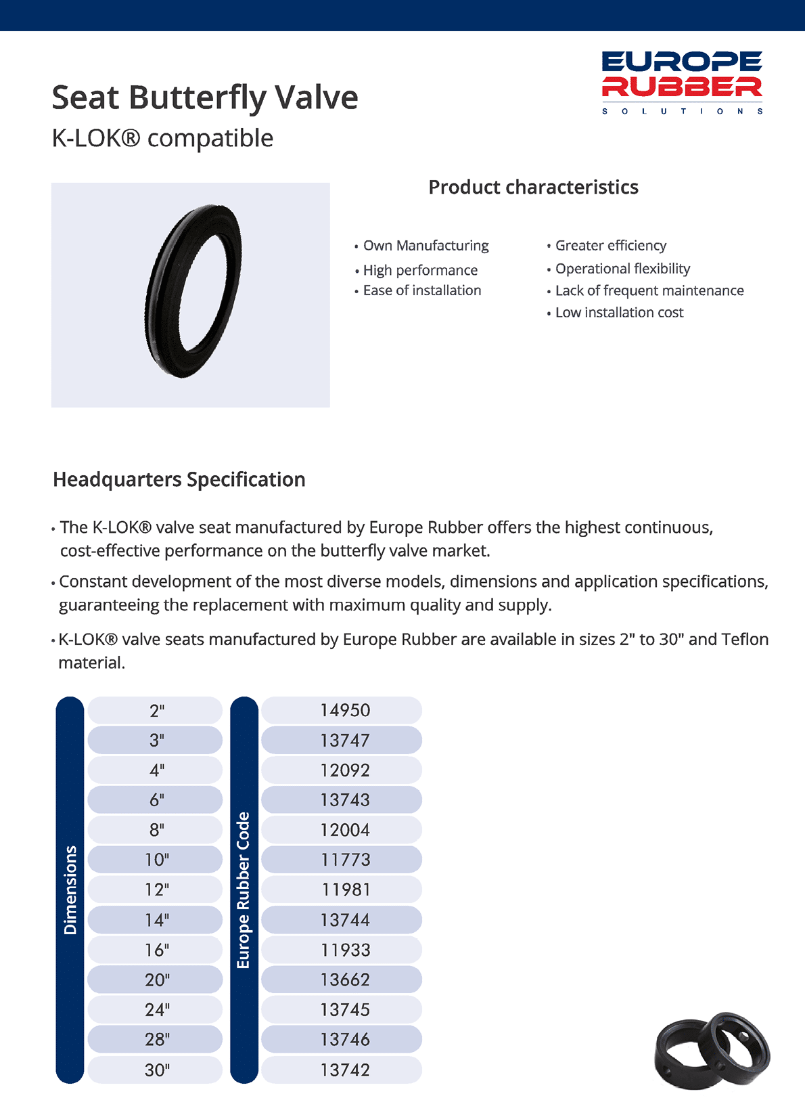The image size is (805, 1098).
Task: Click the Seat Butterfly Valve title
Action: (x=205, y=97)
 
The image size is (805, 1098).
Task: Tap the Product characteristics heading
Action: (x=533, y=188)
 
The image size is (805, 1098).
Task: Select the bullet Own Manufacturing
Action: (x=425, y=246)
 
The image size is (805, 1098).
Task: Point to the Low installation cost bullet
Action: (x=619, y=313)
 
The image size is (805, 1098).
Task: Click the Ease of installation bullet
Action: (x=422, y=290)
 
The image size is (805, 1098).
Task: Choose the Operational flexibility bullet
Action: (x=622, y=269)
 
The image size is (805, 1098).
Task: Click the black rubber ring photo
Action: (x=193, y=291)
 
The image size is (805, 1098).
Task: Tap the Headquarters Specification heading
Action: (x=179, y=480)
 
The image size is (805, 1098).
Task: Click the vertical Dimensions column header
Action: (x=70, y=890)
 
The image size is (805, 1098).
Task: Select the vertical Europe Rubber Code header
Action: (x=244, y=890)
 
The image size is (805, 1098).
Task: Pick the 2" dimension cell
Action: (x=156, y=711)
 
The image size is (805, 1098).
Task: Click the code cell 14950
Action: (x=345, y=711)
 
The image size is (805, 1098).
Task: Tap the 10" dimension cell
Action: (x=156, y=860)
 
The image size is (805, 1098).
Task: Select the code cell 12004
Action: (x=345, y=830)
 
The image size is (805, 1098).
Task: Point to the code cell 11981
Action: (x=345, y=890)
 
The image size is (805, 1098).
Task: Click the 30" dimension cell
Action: (x=156, y=1070)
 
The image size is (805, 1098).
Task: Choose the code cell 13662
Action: (x=345, y=980)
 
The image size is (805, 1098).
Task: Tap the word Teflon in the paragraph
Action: (x=745, y=640)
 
